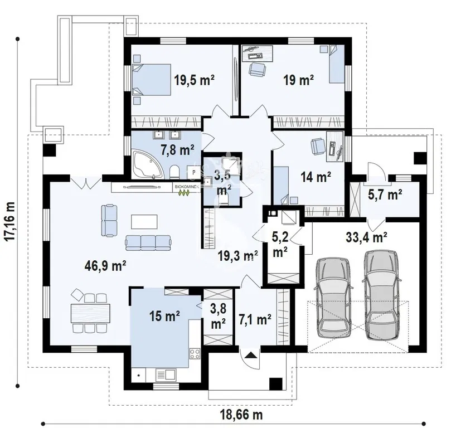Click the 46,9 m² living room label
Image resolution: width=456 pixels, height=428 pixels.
pyautogui.click(x=105, y=265)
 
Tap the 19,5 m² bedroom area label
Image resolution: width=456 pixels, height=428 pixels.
pyautogui.click(x=194, y=80)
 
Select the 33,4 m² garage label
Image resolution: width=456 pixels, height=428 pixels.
pyautogui.click(x=366, y=237)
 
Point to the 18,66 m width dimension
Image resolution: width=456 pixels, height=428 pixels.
pyautogui.click(x=241, y=415)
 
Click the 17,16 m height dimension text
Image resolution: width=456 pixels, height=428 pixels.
pyautogui.click(x=11, y=221)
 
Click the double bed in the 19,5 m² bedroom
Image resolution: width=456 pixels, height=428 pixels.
pyautogui.click(x=151, y=80)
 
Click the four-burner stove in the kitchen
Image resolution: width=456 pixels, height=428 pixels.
pyautogui.click(x=195, y=354)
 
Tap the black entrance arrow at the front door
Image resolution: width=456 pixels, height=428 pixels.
pyautogui.click(x=251, y=355)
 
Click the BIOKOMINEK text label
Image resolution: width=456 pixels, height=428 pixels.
pyautogui.click(x=187, y=187)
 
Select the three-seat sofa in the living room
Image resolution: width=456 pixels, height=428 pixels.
pyautogui.click(x=148, y=243)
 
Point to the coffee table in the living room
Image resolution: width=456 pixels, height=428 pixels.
pyautogui.click(x=144, y=222)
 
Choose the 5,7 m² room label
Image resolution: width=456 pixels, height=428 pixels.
pyautogui.click(x=385, y=194)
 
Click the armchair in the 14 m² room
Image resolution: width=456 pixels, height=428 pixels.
pyautogui.click(x=318, y=145)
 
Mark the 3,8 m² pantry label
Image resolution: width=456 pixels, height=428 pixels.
pyautogui.click(x=218, y=316)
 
